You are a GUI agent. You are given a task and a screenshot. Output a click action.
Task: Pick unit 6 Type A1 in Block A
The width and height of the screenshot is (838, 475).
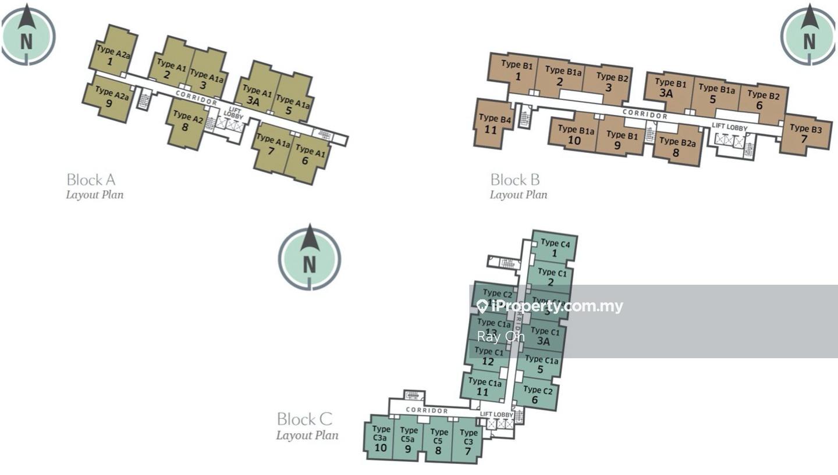pos(307,156)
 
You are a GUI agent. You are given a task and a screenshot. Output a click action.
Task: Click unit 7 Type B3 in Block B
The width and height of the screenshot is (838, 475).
pos(805,134)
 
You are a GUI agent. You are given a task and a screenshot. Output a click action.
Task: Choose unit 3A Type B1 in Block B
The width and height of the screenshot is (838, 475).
pos(669,88)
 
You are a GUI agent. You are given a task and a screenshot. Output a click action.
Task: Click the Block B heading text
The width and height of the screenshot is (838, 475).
pos(514,180)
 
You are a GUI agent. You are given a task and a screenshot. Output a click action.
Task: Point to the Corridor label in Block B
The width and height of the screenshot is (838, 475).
pos(645,114)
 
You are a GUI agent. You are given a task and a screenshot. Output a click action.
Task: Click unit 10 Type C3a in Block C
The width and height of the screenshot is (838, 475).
pos(381,439)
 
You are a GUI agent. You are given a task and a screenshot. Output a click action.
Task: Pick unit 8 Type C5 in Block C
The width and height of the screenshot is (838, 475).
pos(438,441)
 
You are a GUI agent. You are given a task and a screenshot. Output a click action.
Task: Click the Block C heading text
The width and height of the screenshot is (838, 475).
pos(304,419)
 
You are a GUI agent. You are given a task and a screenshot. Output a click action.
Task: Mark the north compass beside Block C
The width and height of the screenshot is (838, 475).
pos(309,257)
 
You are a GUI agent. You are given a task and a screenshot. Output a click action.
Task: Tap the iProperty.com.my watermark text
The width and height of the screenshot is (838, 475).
pos(550,306)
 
